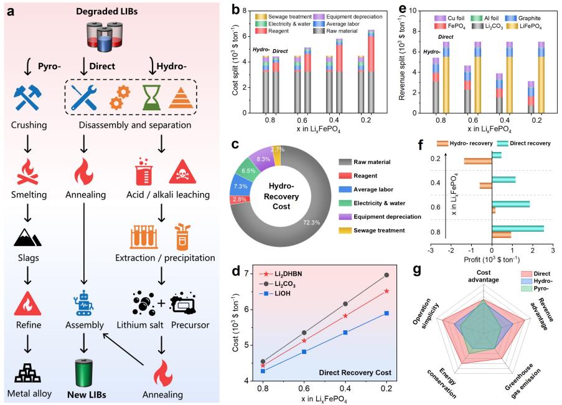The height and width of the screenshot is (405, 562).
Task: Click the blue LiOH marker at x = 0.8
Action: [x=263, y=371]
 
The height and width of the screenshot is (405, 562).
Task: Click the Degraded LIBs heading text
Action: [x=102, y=11]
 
